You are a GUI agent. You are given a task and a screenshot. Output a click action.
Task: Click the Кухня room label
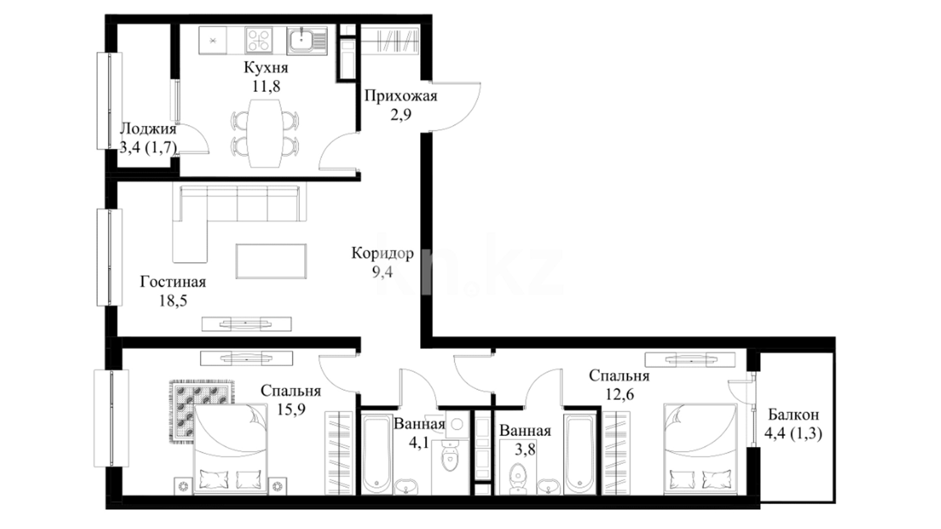(266, 68)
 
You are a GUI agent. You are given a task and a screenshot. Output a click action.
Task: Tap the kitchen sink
(307, 41)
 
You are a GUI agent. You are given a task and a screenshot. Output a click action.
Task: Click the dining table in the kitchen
(265, 133)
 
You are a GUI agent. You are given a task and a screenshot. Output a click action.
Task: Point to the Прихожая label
(400, 96)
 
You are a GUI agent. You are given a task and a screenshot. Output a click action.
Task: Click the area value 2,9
(400, 115)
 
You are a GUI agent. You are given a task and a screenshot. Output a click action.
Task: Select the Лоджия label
(148, 129)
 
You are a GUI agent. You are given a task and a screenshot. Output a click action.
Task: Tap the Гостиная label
(173, 282)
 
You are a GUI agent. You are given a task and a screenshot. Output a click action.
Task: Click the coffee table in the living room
(271, 261)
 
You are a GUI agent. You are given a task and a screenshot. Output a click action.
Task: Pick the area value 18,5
(173, 300)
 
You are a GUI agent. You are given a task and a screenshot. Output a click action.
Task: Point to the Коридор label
(382, 253)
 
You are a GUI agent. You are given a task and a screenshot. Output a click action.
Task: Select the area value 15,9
(291, 409)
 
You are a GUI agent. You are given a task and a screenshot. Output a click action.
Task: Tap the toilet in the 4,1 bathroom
(448, 457)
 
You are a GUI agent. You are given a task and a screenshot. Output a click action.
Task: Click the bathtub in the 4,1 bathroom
(376, 454)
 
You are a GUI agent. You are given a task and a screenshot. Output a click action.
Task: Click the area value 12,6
(619, 394)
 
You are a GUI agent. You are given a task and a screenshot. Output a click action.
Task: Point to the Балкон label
(793, 415)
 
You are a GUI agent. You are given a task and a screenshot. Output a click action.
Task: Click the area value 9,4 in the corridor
(382, 272)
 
